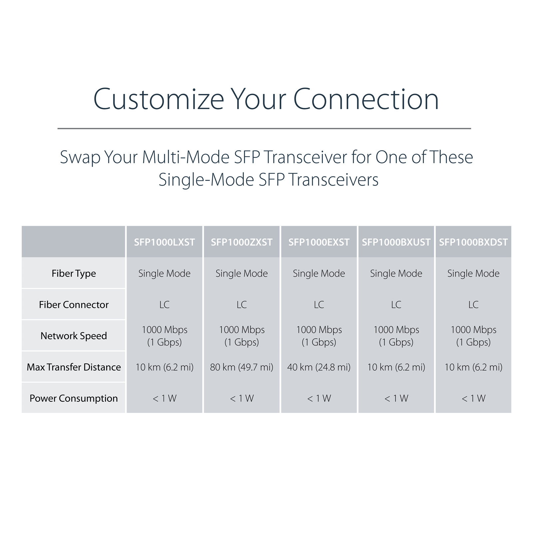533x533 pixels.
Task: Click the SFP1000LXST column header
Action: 164,242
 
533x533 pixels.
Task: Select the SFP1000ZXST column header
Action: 242,242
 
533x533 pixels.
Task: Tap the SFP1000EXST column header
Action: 319,242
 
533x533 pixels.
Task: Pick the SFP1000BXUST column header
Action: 396,242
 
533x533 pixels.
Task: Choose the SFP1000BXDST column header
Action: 473,242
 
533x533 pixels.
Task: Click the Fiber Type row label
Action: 74,274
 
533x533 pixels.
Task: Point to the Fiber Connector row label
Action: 74,305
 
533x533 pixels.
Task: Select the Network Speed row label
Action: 74,336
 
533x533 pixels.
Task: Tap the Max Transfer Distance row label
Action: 74,367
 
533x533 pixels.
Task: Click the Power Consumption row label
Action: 74,398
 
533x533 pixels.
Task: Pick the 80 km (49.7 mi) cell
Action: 242,367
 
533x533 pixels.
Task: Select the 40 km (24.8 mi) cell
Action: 319,367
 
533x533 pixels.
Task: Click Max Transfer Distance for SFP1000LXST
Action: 164,367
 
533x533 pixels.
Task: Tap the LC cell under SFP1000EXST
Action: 319,305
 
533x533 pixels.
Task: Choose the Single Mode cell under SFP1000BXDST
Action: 473,274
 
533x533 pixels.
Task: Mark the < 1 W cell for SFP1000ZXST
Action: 242,398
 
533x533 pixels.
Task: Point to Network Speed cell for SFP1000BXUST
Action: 396,336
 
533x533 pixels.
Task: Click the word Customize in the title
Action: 159,99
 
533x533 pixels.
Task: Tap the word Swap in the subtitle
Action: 80,158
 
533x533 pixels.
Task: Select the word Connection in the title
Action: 366,99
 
